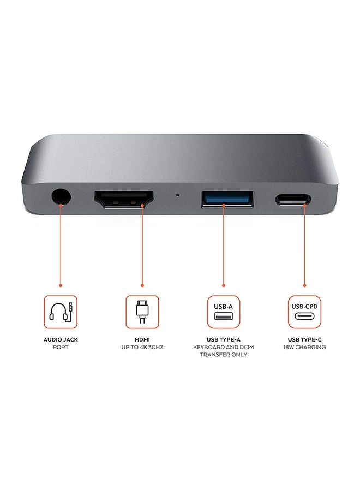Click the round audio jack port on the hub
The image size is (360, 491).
60,196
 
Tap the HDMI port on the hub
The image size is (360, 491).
124,199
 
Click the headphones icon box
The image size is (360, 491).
61,312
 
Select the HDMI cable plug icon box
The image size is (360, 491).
142,312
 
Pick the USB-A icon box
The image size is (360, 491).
224,312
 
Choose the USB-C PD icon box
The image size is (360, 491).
304,312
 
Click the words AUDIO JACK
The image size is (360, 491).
61,339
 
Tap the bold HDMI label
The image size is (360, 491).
142,339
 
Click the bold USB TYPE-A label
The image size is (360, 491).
224,339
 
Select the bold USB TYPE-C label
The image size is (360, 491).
304,339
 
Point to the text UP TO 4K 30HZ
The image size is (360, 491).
142,347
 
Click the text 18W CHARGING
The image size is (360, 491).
304,347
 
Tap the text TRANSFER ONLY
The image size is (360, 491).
224,355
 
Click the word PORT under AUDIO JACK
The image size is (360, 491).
61,347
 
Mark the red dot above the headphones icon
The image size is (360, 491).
61,285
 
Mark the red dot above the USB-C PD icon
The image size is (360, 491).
304,285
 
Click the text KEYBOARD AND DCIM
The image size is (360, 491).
224,347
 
